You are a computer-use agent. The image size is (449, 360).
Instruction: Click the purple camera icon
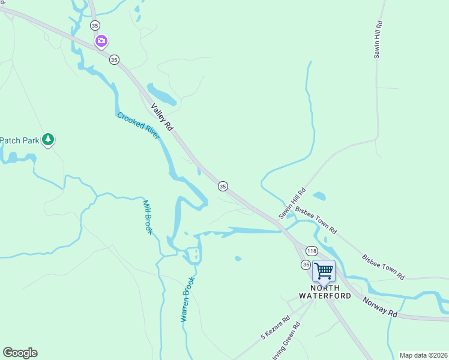(x=101, y=41)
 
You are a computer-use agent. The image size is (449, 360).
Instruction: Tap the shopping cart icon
(x=324, y=271)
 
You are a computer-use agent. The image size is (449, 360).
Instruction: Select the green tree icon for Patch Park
(x=48, y=140)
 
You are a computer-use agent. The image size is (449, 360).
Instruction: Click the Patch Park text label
(x=19, y=140)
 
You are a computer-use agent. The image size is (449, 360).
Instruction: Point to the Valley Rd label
(x=161, y=117)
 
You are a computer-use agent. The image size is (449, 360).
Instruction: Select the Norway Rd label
(x=380, y=305)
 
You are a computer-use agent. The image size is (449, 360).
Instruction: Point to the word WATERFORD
(x=325, y=295)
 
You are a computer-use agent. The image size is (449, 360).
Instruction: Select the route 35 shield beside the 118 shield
(x=306, y=265)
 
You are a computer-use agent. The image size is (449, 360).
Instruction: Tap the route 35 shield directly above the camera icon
(x=95, y=25)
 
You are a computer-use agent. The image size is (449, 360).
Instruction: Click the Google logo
(x=20, y=353)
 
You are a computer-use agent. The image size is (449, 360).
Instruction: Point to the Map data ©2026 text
(x=423, y=355)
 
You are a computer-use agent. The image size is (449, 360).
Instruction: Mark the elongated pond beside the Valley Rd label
(x=161, y=95)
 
